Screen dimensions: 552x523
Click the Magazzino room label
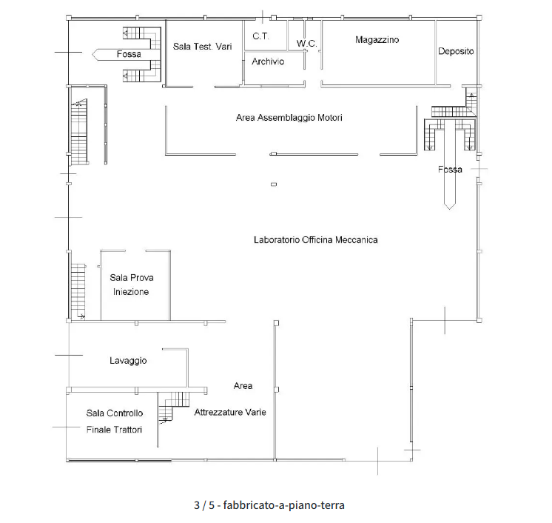click(377, 40)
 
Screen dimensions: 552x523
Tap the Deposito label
click(456, 51)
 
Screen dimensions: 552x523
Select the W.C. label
click(306, 44)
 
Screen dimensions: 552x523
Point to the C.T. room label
click(260, 36)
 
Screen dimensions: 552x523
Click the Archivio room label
click(268, 61)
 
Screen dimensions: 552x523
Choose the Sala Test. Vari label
click(203, 47)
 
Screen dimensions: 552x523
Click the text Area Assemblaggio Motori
click(289, 118)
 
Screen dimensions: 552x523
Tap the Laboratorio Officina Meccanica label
click(316, 240)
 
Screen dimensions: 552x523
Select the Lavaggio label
click(128, 361)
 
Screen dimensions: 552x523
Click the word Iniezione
click(131, 292)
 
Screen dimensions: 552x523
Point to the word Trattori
click(125, 430)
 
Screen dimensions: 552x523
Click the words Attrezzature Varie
click(230, 413)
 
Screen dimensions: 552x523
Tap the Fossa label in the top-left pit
click(129, 54)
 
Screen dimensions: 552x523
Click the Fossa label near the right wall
click(450, 170)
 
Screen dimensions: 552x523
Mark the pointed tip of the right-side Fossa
click(450, 210)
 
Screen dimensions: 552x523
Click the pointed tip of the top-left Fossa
click(92, 55)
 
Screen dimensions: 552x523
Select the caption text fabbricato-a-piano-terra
click(283, 505)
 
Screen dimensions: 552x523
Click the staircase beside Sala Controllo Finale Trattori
click(174, 407)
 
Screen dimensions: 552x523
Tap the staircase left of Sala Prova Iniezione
click(78, 291)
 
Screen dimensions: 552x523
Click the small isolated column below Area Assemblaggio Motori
click(274, 184)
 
